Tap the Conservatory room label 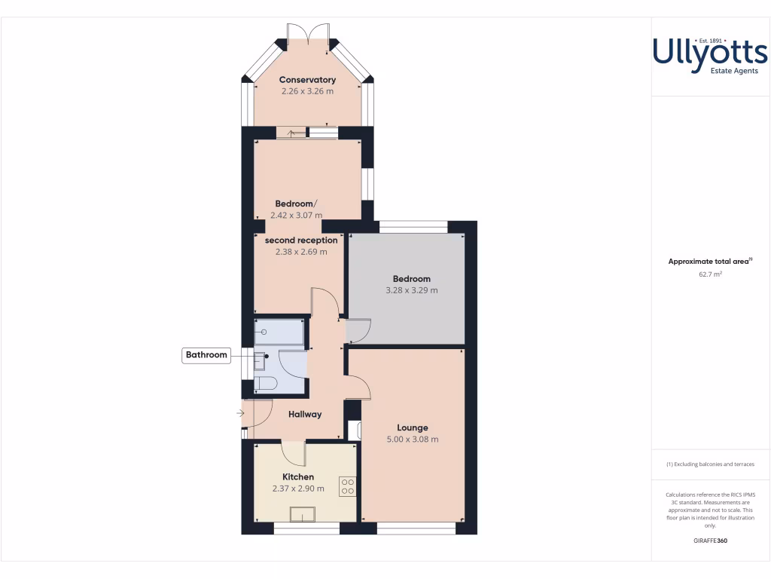pos(307,80)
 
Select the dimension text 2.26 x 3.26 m pos(307,91)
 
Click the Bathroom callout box pos(206,355)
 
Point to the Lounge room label pos(413,427)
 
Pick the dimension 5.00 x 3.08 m pos(413,440)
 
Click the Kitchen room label pos(298,476)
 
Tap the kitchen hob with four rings pos(348,486)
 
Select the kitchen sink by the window pos(305,514)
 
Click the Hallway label pos(305,414)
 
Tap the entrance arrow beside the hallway pos(240,413)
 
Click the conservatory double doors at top pos(307,33)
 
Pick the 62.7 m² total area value pos(710,275)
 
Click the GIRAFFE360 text pos(710,541)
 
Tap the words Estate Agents pos(734,71)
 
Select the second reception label pos(301,240)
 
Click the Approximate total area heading pos(709,262)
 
